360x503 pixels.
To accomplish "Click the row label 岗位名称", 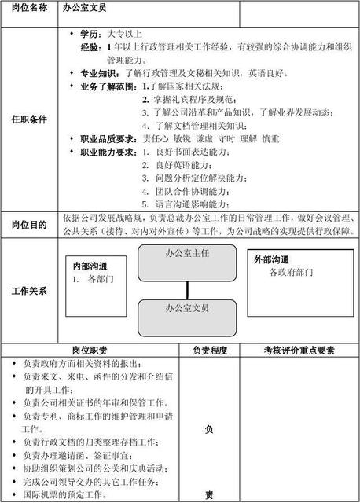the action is [29, 10].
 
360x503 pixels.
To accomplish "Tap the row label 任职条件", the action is [29, 119].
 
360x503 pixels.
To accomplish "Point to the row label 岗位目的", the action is [29, 224].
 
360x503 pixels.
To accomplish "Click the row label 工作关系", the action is [29, 291].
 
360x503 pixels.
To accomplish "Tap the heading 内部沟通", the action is [90, 266].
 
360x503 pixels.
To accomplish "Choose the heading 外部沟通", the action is [271, 259].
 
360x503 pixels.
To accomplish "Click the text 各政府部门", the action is [291, 273].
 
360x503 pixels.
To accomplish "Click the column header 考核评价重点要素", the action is [299, 351].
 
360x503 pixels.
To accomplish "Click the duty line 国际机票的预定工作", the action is [64, 495].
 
